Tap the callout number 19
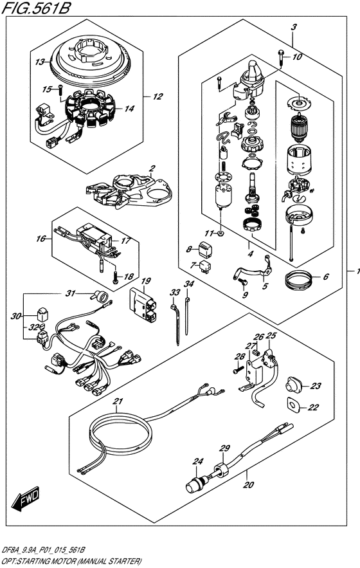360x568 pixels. [146, 280]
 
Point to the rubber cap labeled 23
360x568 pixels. [293, 386]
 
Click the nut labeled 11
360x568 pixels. [222, 233]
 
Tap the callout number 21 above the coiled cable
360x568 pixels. [118, 401]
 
